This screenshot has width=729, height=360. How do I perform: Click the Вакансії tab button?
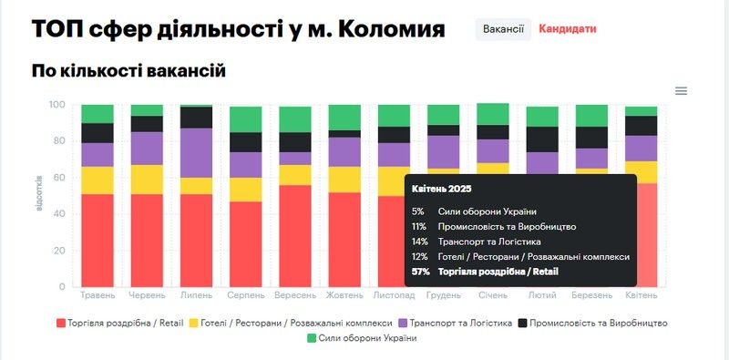pos(503,29)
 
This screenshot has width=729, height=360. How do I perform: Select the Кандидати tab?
pos(568,29)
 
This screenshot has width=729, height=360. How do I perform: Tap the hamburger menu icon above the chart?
pos(681,90)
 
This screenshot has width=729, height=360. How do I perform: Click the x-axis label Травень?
pos(98,296)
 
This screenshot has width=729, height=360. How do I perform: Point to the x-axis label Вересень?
pos(294,296)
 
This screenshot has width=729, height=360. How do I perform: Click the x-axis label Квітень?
pos(642,296)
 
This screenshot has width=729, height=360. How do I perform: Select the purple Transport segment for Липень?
pos(196,152)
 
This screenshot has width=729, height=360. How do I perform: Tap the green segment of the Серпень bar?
pos(246,119)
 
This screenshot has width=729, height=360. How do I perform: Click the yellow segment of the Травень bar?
pos(98,180)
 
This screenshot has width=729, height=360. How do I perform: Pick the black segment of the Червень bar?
pos(147,124)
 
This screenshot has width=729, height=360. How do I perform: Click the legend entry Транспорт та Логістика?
pos(460,323)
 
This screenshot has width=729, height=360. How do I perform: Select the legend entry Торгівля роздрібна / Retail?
pos(118,323)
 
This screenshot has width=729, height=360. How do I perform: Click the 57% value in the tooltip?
pos(420,272)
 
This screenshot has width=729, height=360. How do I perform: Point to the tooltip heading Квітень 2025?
pos(441,189)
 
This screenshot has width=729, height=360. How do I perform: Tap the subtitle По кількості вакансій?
pos(128,71)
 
